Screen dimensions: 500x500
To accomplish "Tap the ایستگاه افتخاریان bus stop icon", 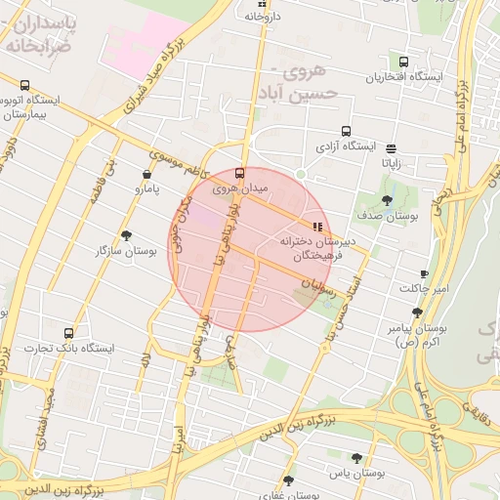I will (403, 62).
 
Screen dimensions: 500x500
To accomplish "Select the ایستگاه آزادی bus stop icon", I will (345, 131).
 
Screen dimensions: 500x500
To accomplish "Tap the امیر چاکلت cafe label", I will (422, 288).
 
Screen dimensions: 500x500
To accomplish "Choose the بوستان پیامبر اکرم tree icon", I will (417, 312).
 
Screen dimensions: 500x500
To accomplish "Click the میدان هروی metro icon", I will (240, 172).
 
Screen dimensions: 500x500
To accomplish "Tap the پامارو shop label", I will (144, 187).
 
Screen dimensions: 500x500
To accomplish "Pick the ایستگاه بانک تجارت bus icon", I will (67, 333).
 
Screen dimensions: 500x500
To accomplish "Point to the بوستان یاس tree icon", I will (356, 457).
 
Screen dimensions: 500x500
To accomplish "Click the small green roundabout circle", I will (301, 175).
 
